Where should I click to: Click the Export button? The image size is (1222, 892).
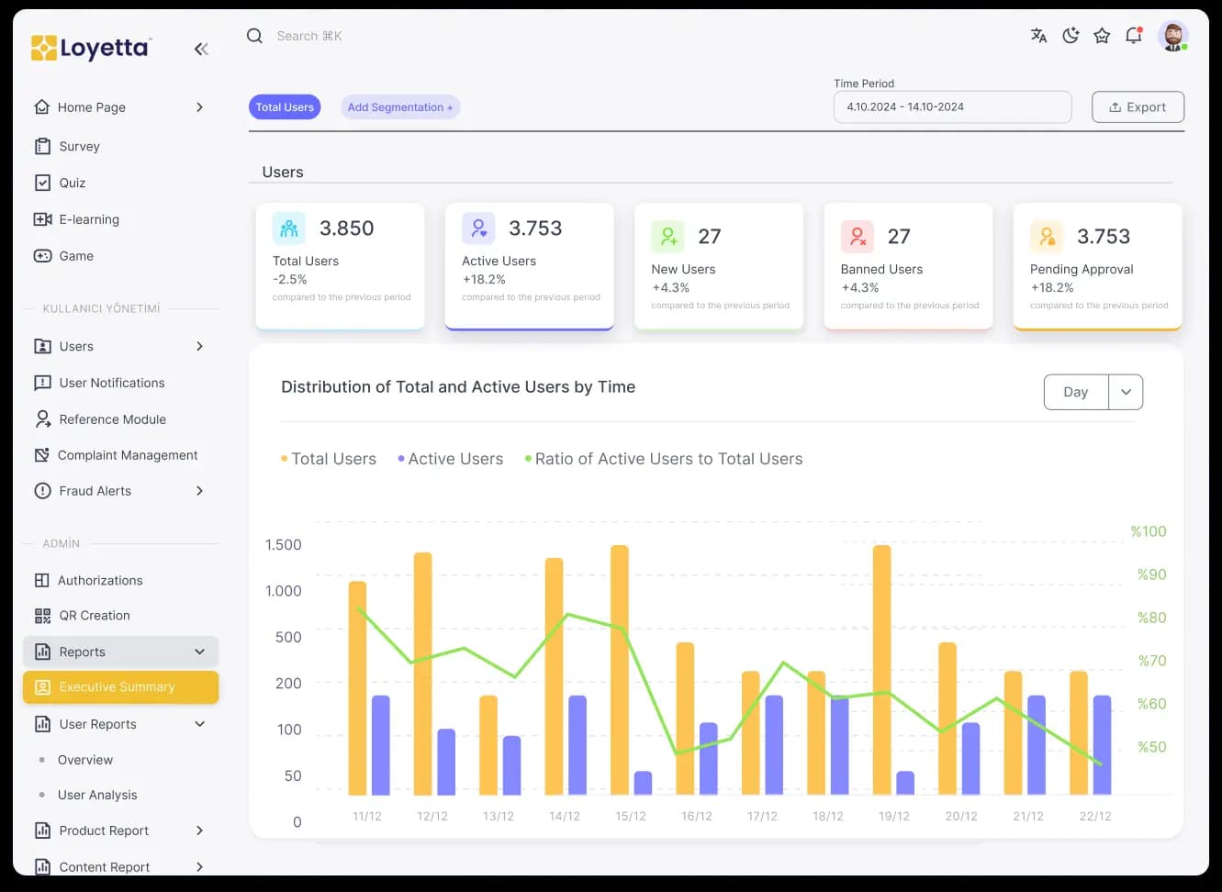point(1138,107)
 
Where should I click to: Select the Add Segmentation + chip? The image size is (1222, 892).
point(399,107)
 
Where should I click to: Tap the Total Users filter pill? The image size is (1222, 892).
point(285,107)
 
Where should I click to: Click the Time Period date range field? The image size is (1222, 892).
point(951,107)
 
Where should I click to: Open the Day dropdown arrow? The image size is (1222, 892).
point(1126,392)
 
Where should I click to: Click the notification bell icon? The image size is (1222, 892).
point(1134,36)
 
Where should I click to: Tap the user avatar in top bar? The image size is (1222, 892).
point(1172,36)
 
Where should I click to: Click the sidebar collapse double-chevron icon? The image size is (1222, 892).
point(201,49)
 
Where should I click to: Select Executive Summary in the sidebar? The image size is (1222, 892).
point(120,687)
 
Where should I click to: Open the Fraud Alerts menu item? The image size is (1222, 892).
point(95,491)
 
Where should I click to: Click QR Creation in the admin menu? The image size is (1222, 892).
point(95,616)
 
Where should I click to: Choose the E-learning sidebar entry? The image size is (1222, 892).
point(89,219)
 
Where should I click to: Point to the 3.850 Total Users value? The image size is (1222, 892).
point(346,229)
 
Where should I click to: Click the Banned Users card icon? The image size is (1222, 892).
point(857,237)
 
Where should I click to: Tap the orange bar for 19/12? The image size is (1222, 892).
point(881,670)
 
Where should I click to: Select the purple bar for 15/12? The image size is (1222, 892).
point(643,783)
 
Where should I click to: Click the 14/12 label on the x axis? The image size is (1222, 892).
point(564,816)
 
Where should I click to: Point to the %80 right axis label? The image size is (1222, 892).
point(1151,618)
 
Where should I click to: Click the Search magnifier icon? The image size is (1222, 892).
point(254,36)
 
